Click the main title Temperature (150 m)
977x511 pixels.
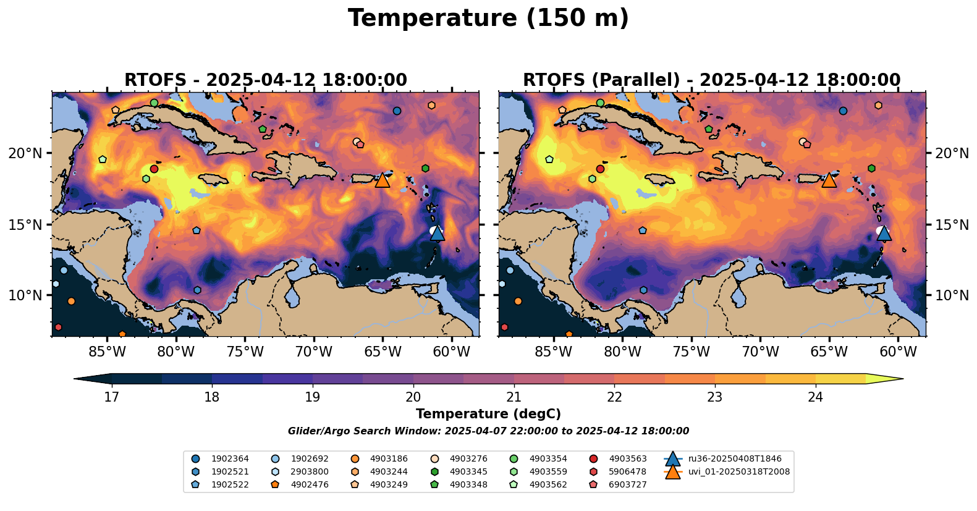[x=488, y=19]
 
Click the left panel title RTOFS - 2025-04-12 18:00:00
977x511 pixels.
[x=266, y=80]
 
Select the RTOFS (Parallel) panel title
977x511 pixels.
[x=712, y=80]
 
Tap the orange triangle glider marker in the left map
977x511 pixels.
[x=383, y=180]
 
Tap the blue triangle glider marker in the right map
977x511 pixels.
[x=884, y=233]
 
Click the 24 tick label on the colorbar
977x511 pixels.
[x=816, y=397]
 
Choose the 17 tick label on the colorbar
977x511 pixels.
[x=111, y=397]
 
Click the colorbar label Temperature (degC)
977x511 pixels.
[x=488, y=414]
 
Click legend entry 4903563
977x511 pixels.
[x=628, y=459]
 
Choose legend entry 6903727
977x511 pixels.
[x=628, y=485]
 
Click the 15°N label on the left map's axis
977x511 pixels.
[x=25, y=224]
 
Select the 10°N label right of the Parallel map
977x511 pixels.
[x=952, y=295]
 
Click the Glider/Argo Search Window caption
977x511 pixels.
[x=488, y=431]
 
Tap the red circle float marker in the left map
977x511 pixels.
[x=154, y=169]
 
